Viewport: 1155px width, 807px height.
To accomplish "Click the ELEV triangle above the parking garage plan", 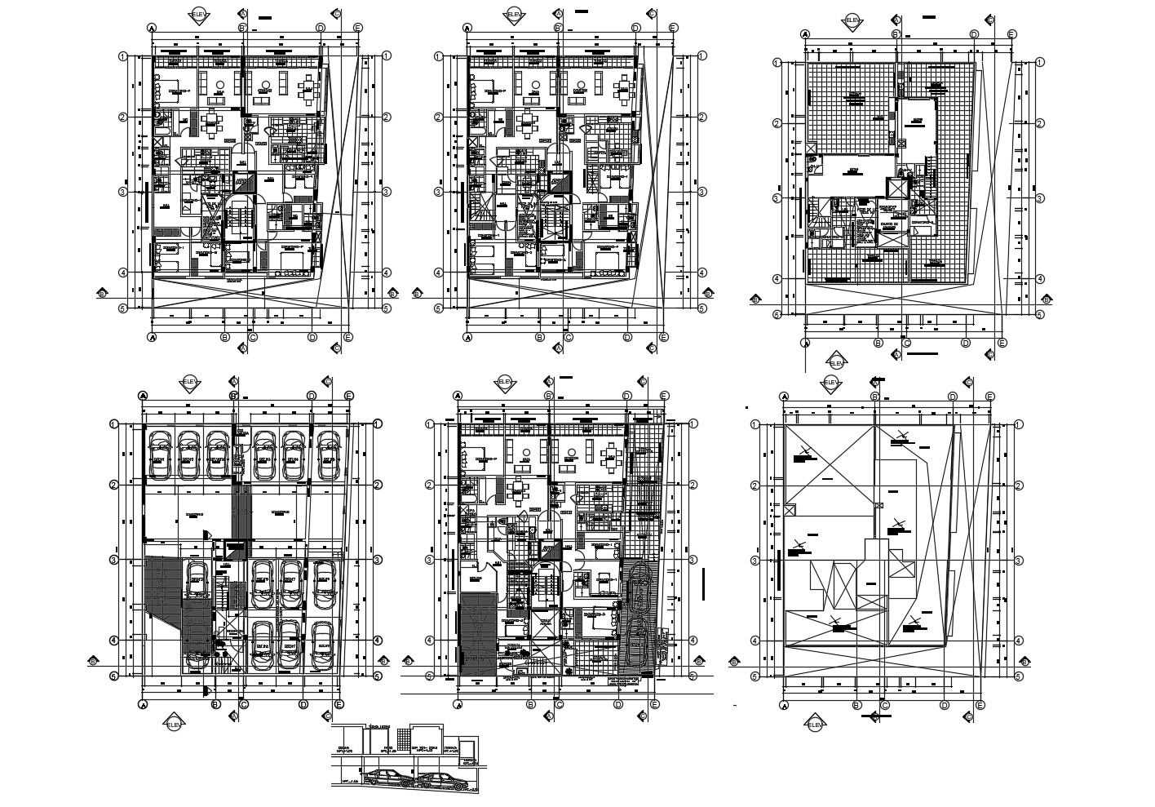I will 189,381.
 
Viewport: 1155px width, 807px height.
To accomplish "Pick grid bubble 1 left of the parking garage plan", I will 114,423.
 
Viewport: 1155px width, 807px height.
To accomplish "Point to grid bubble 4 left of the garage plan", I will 114,640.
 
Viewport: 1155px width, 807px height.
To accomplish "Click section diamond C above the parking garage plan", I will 327,381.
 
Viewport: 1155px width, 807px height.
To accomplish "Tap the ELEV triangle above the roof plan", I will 831,381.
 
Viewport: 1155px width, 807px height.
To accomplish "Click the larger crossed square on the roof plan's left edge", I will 789,509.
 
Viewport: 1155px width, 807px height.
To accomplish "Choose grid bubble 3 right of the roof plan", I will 1019,561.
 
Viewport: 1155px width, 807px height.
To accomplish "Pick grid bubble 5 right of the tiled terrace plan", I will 1040,314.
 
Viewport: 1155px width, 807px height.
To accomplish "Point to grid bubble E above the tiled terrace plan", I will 1011,34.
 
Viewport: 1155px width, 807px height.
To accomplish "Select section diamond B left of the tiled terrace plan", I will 755,299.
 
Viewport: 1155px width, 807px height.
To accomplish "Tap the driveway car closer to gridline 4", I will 636,645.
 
